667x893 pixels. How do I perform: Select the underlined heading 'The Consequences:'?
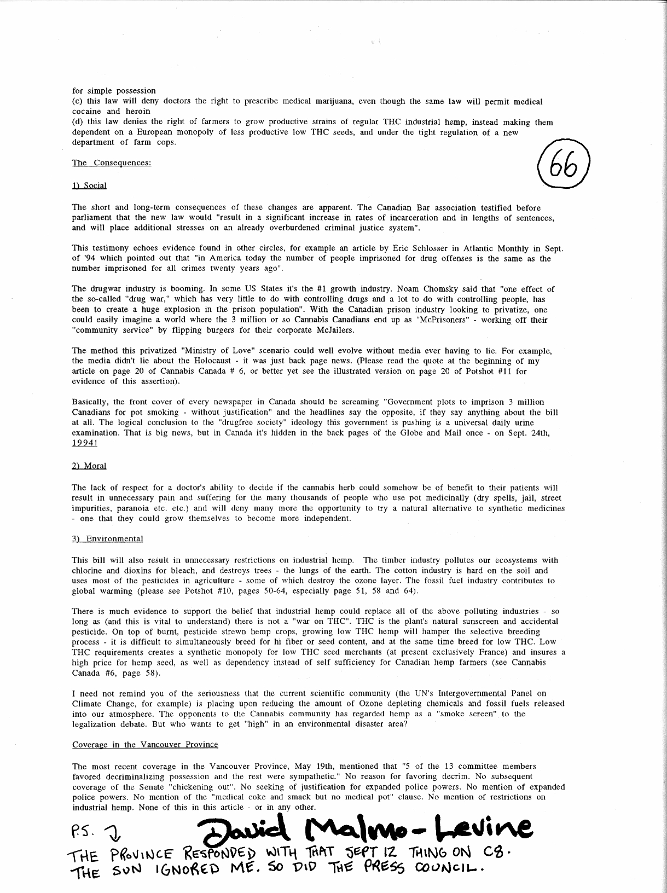click(112, 163)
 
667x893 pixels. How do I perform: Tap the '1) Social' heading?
click(89, 185)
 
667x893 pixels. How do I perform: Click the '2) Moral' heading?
click(89, 466)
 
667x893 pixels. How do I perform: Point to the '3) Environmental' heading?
click(107, 539)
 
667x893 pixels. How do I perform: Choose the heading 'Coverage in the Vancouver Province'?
click(145, 745)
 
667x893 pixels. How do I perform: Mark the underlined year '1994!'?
click(84, 443)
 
